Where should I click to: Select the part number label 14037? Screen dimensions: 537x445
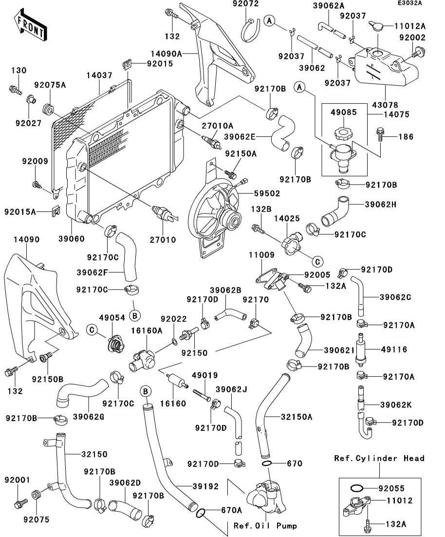[99, 75]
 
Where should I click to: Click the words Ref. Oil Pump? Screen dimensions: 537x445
[265, 526]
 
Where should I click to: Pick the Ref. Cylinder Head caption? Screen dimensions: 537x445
[379, 458]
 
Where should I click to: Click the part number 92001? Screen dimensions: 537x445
[15, 480]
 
